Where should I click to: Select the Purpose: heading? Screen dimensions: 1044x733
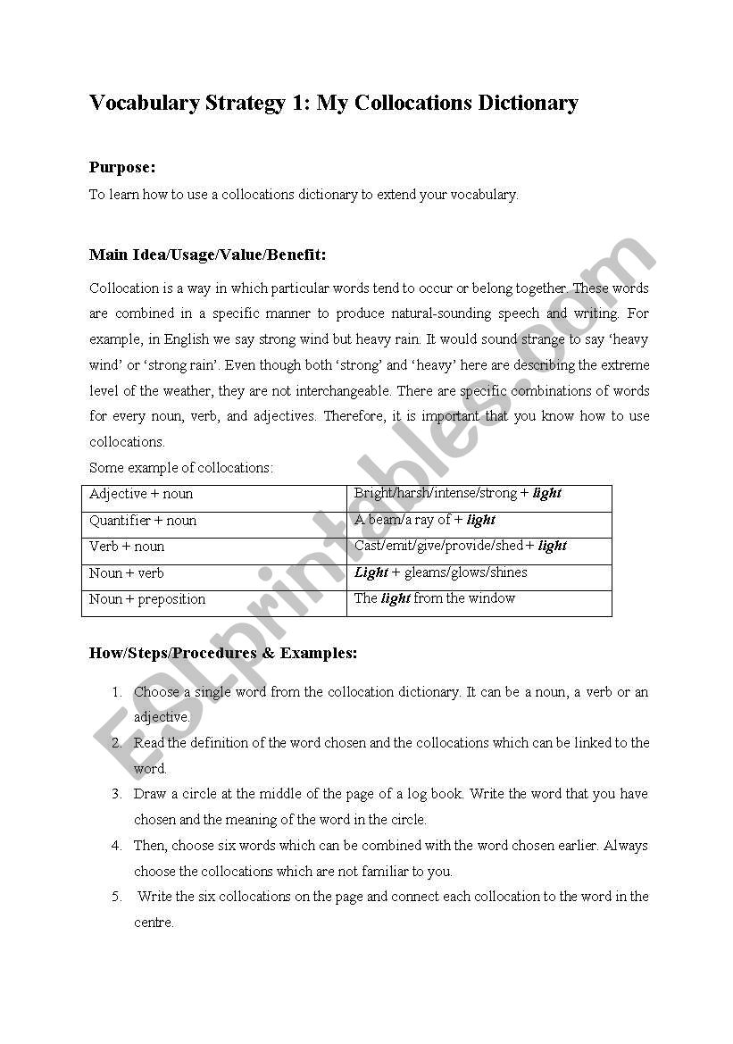[x=122, y=167]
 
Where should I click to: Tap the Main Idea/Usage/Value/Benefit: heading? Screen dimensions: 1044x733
[x=207, y=255]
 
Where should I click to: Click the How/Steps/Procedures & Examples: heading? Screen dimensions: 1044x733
[x=222, y=653]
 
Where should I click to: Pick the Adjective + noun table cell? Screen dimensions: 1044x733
[x=141, y=494]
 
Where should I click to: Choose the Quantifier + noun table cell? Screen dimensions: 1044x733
[x=143, y=521]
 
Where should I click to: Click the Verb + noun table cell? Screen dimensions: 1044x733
[x=127, y=547]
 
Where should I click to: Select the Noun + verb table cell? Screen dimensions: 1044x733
[x=127, y=573]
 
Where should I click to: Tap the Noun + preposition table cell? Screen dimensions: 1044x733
[x=147, y=599]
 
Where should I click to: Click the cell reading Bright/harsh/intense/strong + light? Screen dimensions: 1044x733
[x=457, y=493]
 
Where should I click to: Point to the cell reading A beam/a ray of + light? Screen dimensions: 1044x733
[x=424, y=520]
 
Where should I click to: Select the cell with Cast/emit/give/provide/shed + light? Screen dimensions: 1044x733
[x=460, y=546]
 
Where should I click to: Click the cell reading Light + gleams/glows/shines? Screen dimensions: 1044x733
[x=440, y=572]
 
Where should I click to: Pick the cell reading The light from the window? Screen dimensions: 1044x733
[x=434, y=598]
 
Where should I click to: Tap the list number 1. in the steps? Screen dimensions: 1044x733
[x=116, y=692]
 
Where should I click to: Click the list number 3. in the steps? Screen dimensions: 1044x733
[x=116, y=794]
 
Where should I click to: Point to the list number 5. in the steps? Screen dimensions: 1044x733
[x=116, y=897]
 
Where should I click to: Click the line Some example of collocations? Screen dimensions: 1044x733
[x=181, y=467]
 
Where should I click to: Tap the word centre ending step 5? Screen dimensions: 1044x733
[x=153, y=923]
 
